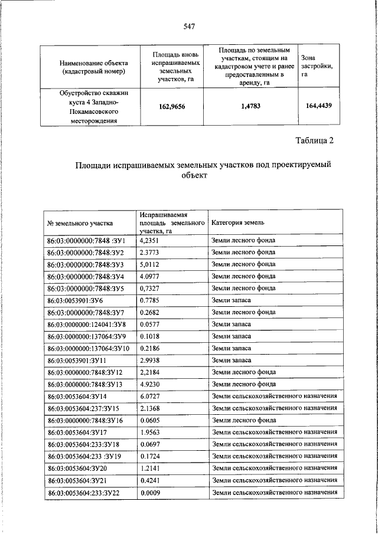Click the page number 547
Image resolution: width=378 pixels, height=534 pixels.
pyautogui.click(x=189, y=26)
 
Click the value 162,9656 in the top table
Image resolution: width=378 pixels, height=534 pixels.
pyautogui.click(x=172, y=107)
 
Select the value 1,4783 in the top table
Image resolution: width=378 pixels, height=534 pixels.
pyautogui.click(x=250, y=107)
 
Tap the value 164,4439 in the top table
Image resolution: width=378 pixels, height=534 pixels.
pyautogui.click(x=318, y=106)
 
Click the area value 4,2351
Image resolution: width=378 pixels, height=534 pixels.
pyautogui.click(x=150, y=241)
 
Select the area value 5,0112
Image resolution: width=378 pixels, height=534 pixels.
pyautogui.click(x=150, y=264)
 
